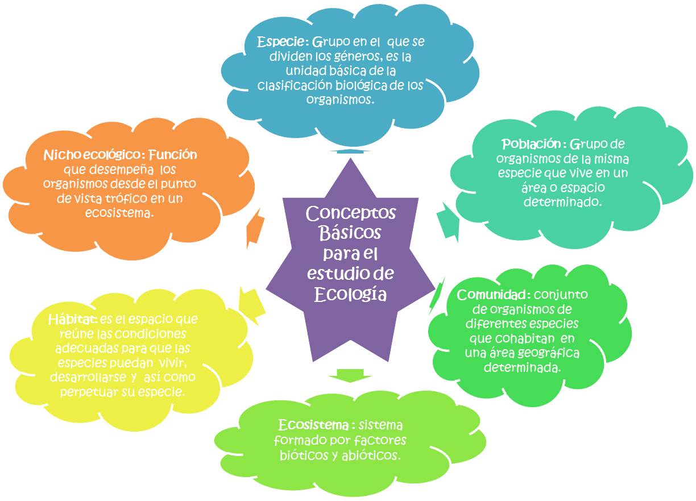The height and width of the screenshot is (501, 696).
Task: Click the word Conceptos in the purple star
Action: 350,214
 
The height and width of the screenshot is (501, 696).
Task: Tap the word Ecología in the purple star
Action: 350,295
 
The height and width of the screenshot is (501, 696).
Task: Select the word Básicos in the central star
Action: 350,233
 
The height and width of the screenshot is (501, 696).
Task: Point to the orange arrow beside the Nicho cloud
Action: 254,228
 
